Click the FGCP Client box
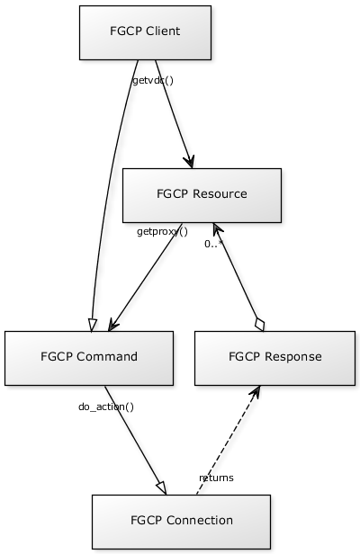(145, 32)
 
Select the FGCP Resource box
(202, 195)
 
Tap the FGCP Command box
(89, 358)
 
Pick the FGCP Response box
(274, 358)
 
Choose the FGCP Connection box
(182, 522)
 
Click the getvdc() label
(153, 81)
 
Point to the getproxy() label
(162, 232)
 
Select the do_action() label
(106, 407)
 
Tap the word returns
(216, 478)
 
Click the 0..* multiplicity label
(213, 244)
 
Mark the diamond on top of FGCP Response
(259, 325)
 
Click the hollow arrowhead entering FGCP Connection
(162, 487)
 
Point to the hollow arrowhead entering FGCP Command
(92, 325)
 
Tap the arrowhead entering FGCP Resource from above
(189, 161)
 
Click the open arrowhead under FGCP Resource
(217, 229)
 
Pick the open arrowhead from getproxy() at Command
(113, 325)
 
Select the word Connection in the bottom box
(200, 520)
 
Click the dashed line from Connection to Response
(229, 440)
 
